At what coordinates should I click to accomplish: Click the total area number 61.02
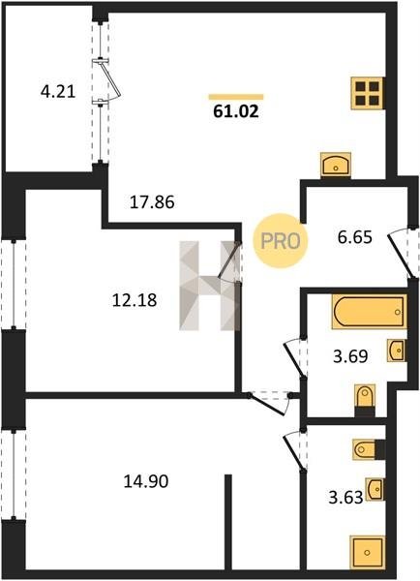pyautogui.click(x=236, y=110)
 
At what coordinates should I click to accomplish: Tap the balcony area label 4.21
pyautogui.click(x=58, y=92)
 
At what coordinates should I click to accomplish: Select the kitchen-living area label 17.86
pyautogui.click(x=152, y=202)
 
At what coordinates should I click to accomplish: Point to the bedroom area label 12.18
pyautogui.click(x=135, y=300)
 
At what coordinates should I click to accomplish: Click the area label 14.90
pyautogui.click(x=146, y=481)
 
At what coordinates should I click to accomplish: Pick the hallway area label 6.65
pyautogui.click(x=355, y=237)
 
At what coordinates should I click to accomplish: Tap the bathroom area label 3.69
pyautogui.click(x=350, y=356)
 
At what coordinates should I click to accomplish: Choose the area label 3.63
pyautogui.click(x=345, y=498)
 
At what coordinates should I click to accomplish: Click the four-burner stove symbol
pyautogui.click(x=368, y=93)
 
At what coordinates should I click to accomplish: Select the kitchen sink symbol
pyautogui.click(x=336, y=165)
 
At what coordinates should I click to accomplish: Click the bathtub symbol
pyautogui.click(x=369, y=311)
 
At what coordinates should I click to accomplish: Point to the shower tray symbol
pyautogui.click(x=367, y=553)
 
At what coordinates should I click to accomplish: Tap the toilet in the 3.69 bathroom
pyautogui.click(x=365, y=399)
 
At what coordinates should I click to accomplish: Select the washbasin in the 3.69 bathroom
pyautogui.click(x=397, y=350)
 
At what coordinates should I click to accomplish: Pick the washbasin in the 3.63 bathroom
pyautogui.click(x=375, y=489)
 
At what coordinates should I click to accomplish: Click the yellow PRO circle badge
pyautogui.click(x=281, y=241)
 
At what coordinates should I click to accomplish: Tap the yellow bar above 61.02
pyautogui.click(x=236, y=97)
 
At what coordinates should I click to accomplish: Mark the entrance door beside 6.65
pyautogui.click(x=402, y=253)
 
